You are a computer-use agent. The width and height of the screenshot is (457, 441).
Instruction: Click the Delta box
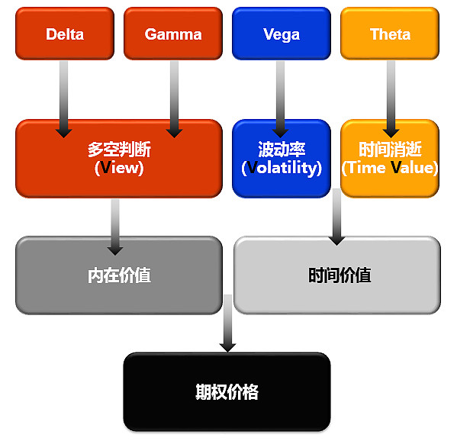(x=65, y=34)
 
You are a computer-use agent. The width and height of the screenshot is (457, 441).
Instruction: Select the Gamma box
(x=173, y=34)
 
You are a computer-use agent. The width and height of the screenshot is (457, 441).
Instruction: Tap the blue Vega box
(x=282, y=34)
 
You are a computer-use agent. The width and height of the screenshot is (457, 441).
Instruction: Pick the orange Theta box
(x=390, y=34)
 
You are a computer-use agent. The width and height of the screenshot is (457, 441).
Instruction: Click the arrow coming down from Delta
(x=64, y=99)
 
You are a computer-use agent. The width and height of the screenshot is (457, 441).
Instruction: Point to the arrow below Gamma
(x=174, y=99)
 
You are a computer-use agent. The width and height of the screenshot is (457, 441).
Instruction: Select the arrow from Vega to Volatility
(x=280, y=99)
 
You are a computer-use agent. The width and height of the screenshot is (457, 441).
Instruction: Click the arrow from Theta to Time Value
(x=391, y=99)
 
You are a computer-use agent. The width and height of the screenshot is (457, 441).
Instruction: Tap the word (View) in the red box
(x=119, y=168)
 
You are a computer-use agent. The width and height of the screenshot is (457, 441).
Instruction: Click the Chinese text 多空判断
(x=119, y=150)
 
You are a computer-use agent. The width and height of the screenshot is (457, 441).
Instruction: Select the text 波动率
(x=282, y=150)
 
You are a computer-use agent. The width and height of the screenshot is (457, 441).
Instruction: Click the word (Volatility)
(x=282, y=168)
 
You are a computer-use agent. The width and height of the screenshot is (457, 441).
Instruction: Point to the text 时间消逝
(x=390, y=150)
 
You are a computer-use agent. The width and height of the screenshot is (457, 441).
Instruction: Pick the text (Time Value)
(x=390, y=168)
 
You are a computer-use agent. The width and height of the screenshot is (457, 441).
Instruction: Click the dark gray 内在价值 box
(x=119, y=275)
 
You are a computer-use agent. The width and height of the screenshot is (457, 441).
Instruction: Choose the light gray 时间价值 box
(x=337, y=275)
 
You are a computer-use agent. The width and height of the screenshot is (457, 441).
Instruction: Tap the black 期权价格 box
(x=227, y=391)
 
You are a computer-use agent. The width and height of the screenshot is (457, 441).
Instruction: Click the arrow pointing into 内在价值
(x=115, y=227)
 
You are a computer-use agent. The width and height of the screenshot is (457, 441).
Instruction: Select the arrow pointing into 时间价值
(x=336, y=217)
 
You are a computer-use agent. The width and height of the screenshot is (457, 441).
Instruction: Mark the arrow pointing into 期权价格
(x=228, y=324)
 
